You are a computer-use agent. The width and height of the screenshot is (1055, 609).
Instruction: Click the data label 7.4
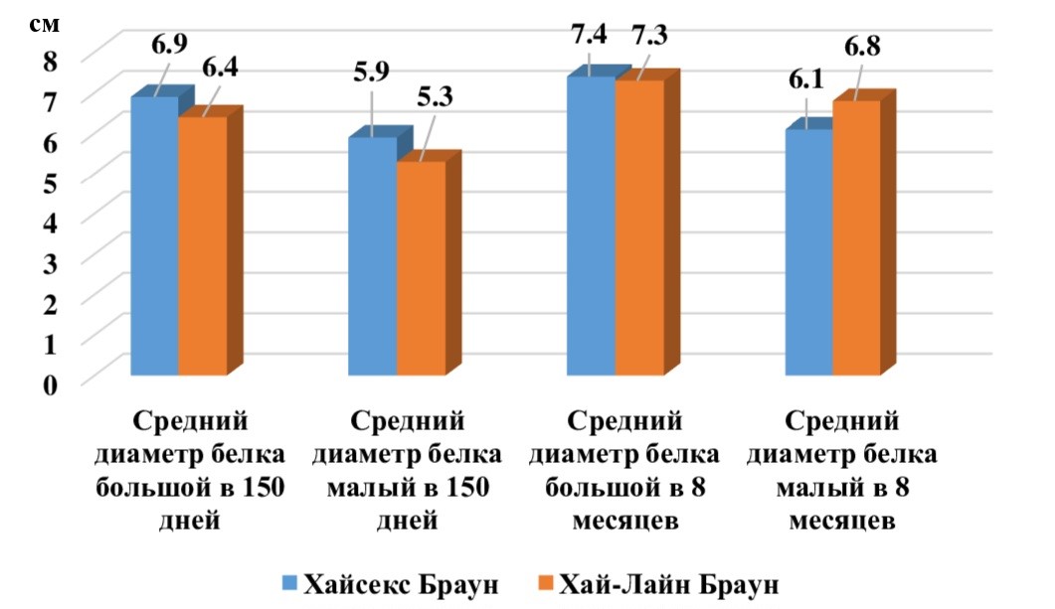592,35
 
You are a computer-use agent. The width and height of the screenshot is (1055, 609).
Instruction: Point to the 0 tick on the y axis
50,381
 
